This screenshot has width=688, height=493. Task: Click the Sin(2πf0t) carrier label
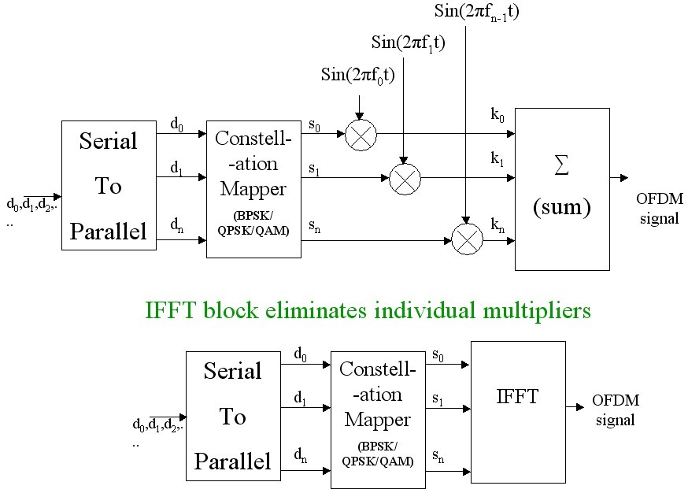click(358, 75)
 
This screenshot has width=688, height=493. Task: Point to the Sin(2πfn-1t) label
click(476, 11)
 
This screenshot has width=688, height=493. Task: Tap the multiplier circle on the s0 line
click(361, 135)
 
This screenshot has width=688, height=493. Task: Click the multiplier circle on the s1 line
click(405, 179)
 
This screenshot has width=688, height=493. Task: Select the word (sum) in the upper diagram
click(561, 209)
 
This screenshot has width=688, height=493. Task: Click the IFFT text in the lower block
click(517, 396)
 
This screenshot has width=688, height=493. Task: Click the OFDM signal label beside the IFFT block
click(615, 410)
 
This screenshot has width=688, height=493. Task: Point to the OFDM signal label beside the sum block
click(659, 209)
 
